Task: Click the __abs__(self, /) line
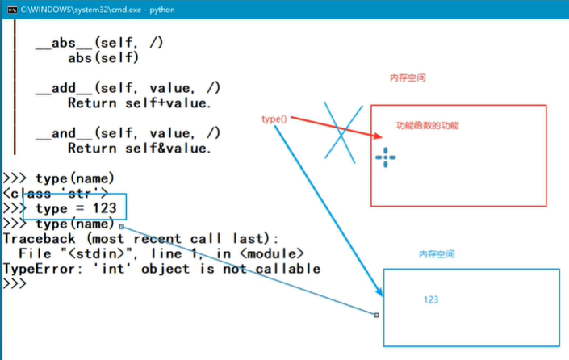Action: coord(99,42)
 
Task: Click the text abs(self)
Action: coord(103,57)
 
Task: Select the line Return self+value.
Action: coord(139,103)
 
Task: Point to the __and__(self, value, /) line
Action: coord(128,133)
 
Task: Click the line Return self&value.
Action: coord(139,149)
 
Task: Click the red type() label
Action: coord(274,119)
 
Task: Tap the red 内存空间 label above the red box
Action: coord(408,78)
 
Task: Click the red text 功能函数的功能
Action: coord(427,126)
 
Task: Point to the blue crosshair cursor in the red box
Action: coord(386,157)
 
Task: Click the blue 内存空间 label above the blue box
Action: coord(437,253)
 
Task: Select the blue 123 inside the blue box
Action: coord(431,299)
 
